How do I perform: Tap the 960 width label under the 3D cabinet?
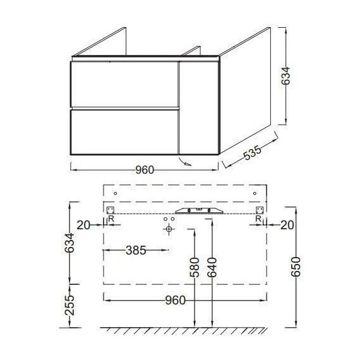(x=145, y=169)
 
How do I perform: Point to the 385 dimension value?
(x=134, y=250)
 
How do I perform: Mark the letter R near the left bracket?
(x=112, y=219)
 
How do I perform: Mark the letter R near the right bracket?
(x=258, y=219)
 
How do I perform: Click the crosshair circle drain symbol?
(x=168, y=229)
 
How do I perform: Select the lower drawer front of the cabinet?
(x=123, y=131)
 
